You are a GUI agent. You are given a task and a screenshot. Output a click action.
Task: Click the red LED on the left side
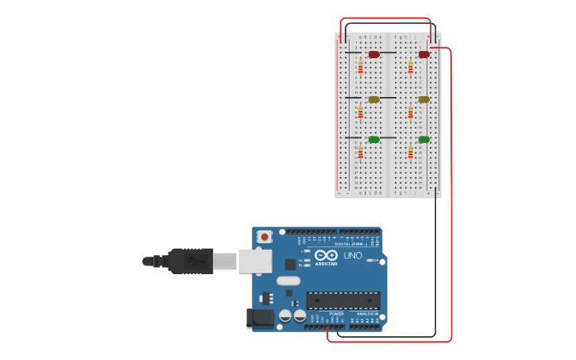click(x=373, y=54)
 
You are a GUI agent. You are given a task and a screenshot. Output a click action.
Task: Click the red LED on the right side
click(x=424, y=54)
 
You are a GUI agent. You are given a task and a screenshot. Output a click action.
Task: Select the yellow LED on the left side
click(x=373, y=99)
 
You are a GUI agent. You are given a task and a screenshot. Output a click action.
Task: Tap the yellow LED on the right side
click(x=424, y=99)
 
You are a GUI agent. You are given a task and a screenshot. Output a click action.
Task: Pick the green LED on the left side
click(x=373, y=139)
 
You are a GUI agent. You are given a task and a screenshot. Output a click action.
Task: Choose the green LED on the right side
click(x=424, y=139)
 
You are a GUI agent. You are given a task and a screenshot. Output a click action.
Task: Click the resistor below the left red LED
click(x=360, y=68)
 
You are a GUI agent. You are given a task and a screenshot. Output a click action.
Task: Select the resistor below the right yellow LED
click(x=411, y=112)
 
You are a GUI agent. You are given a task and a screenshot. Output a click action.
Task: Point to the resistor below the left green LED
click(x=360, y=152)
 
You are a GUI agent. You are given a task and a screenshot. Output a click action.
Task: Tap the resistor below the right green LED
click(x=411, y=152)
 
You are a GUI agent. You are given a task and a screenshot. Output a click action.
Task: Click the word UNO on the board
click(x=353, y=256)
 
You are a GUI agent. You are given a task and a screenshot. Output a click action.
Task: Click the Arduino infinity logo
click(x=326, y=255)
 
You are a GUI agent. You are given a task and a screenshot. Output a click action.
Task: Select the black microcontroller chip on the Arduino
click(x=343, y=300)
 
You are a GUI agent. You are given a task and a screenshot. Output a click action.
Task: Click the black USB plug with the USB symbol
click(x=191, y=261)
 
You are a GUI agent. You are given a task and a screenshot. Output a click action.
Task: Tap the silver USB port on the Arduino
click(x=255, y=261)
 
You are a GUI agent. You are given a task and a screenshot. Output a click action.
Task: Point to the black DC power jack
click(x=260, y=319)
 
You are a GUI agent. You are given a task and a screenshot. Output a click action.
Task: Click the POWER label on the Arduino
click(x=337, y=314)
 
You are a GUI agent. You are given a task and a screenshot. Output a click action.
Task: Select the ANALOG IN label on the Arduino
click(x=366, y=314)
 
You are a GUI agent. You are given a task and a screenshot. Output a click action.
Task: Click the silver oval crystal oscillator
click(x=288, y=281)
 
